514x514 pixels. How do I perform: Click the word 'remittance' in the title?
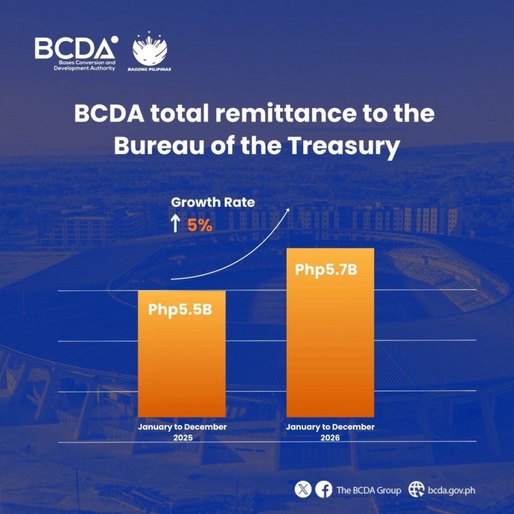coord(286,114)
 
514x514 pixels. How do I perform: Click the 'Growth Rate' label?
coord(213,202)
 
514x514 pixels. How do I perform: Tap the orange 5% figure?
coord(200,225)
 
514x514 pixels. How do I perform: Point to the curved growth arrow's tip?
coord(289,208)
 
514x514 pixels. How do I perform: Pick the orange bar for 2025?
coord(182,354)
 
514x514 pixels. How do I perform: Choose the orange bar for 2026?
coord(330,333)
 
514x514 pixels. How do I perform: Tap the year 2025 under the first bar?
coord(183,438)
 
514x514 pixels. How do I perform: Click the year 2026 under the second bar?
coord(330,438)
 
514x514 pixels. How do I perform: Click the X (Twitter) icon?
coord(303,490)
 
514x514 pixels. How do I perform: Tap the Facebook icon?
coord(324,490)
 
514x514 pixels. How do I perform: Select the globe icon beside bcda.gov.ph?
coord(416,490)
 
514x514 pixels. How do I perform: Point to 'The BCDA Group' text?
coord(369,490)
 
